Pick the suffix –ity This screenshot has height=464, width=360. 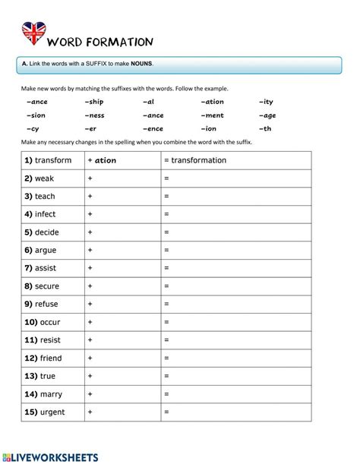click(x=266, y=101)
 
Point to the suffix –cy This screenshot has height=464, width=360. click(x=33, y=129)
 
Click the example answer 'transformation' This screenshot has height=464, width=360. click(x=198, y=160)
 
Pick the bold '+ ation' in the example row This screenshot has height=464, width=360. click(x=103, y=160)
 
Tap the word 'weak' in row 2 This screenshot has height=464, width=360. click(x=44, y=178)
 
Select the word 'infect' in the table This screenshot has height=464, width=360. click(x=46, y=214)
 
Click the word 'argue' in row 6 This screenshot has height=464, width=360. click(x=46, y=250)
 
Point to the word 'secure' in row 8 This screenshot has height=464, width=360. click(x=48, y=286)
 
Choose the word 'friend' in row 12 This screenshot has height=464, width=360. click(x=49, y=358)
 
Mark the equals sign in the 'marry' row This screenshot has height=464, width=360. click(x=166, y=394)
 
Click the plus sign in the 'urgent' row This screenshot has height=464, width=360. click(x=90, y=412)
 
